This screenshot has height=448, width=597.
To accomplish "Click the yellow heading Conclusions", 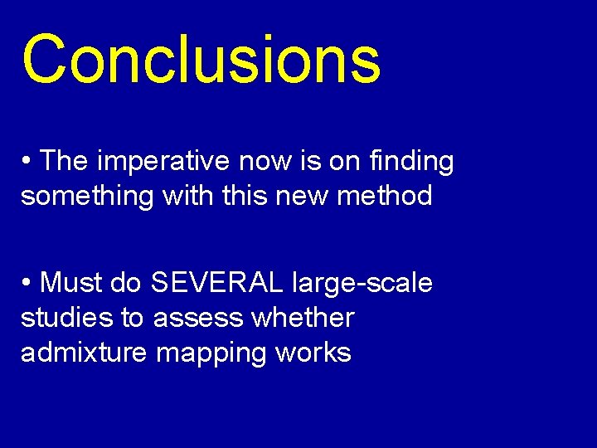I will (201, 60).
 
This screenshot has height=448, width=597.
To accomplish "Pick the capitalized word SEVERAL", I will (217, 283).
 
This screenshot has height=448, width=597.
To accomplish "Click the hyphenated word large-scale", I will (362, 284).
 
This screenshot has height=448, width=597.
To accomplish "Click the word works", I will (313, 353).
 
